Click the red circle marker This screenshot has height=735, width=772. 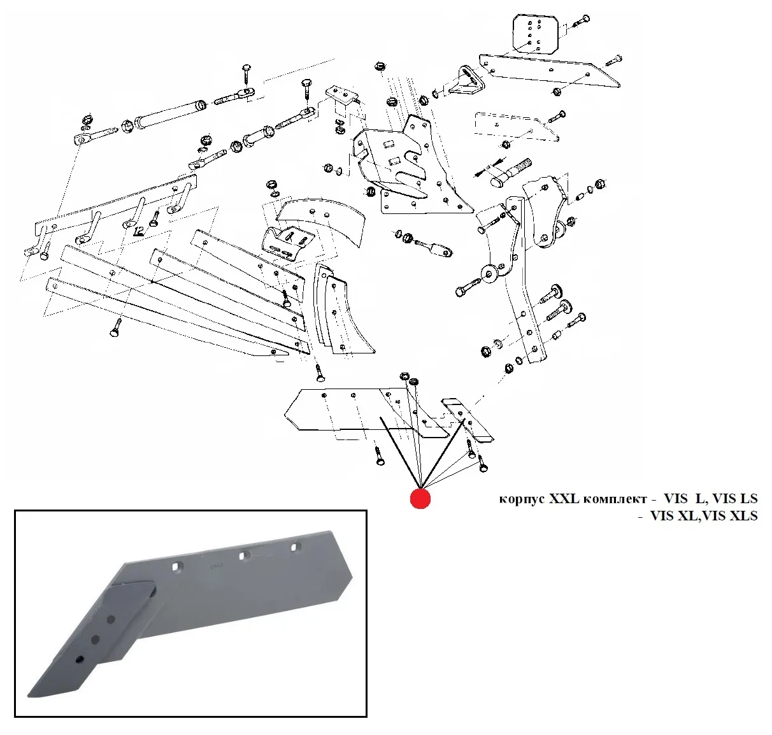point(420,499)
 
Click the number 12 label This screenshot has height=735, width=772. point(138,230)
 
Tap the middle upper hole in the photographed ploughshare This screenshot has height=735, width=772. point(243,556)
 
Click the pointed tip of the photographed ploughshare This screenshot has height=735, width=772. point(32,692)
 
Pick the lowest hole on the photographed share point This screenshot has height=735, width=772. point(80,659)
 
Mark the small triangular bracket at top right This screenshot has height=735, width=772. point(465,82)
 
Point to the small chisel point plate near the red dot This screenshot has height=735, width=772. point(468,420)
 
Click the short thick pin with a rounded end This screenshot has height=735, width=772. point(510,172)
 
